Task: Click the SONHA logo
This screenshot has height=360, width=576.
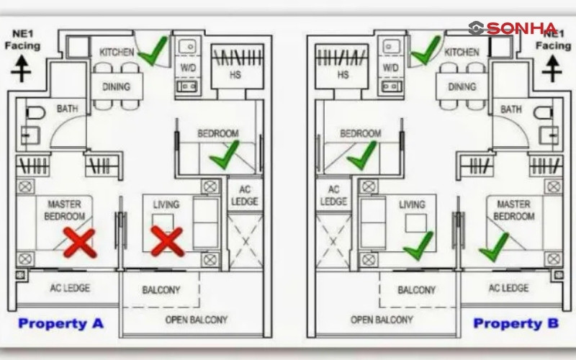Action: [513, 28]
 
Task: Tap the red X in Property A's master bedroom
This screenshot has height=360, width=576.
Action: [79, 243]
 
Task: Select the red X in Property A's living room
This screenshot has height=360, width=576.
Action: [166, 241]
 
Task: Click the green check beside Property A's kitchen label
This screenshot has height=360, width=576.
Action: [153, 51]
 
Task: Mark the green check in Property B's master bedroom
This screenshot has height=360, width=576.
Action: [494, 247]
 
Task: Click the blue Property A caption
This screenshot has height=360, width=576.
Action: [61, 323]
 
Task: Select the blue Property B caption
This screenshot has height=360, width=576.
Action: [516, 323]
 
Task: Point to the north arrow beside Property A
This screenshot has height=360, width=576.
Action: [22, 69]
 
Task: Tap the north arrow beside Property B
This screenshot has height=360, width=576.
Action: [552, 69]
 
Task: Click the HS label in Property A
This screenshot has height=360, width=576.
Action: [235, 73]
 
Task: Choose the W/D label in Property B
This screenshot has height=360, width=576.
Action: [390, 67]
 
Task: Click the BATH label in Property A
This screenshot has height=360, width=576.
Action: [68, 109]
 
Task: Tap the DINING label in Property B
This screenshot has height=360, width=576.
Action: [462, 87]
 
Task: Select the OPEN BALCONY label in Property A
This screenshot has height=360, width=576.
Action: [196, 319]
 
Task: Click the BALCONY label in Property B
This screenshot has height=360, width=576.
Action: [416, 290]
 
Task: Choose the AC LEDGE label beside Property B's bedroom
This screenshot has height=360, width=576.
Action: [333, 196]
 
